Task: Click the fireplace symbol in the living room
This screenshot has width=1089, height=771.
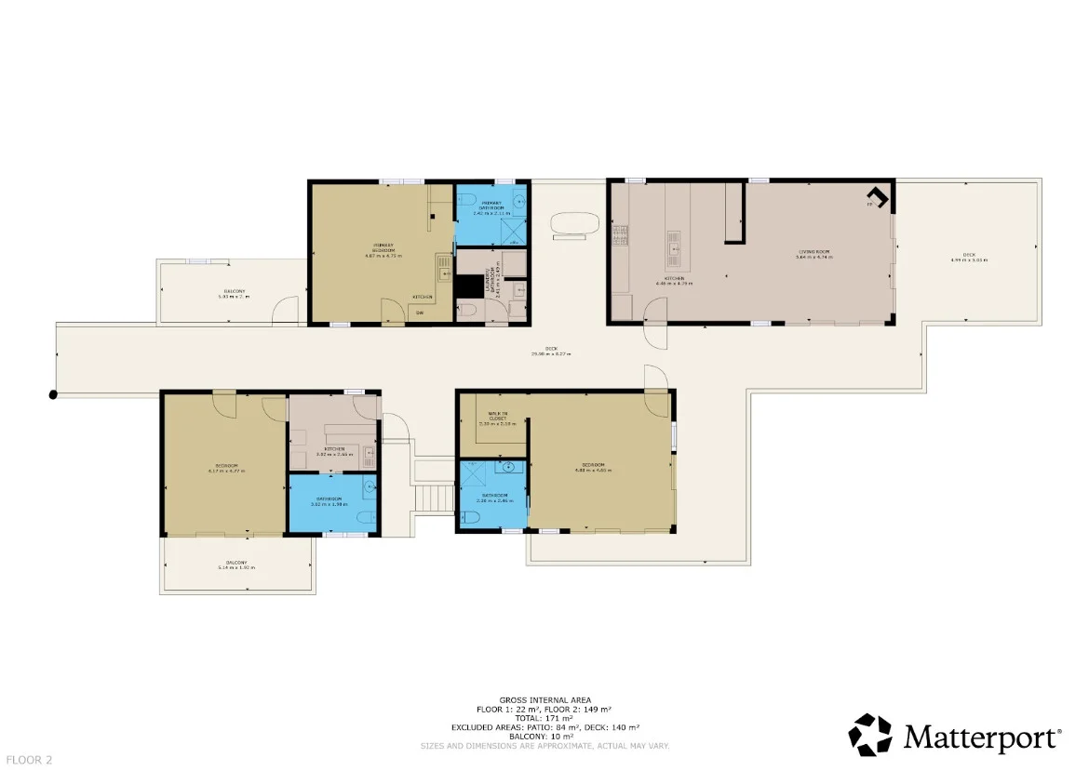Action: tap(878, 197)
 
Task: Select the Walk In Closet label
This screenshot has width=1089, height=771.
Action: tap(492, 419)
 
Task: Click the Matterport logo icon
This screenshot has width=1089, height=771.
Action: tap(870, 735)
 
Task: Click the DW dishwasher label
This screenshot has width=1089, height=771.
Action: tap(420, 312)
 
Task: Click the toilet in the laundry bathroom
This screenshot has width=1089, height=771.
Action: tap(470, 312)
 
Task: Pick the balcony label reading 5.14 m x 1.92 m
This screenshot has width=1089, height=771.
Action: tap(235, 565)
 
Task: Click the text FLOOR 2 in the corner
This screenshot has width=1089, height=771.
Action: tap(26, 760)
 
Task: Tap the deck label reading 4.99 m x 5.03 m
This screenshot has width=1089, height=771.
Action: tap(968, 258)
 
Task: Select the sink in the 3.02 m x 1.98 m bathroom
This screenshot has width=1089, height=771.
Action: tap(370, 485)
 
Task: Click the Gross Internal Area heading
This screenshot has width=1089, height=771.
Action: tap(544, 699)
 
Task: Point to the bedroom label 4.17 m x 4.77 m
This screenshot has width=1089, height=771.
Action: tap(224, 468)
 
